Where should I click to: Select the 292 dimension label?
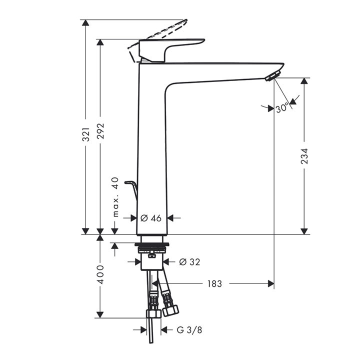100,131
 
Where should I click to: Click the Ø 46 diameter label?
151,218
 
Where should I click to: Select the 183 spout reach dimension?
214,284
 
